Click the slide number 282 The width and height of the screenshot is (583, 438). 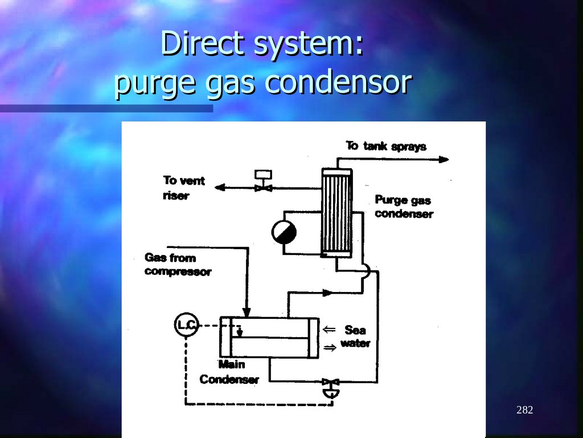coord(524,410)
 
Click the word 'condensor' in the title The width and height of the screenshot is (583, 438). coord(338,83)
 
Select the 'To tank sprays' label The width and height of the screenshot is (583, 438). coord(386,146)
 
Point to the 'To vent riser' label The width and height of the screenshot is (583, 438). coord(183,188)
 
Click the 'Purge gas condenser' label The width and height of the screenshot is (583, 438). coord(403,207)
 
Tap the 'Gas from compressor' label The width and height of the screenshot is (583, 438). coord(177,265)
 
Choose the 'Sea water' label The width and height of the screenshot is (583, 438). coord(355,336)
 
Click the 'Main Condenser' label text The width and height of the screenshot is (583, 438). coord(229,372)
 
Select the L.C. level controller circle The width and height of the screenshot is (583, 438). coord(186,325)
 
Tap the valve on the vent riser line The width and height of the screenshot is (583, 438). coord(263,187)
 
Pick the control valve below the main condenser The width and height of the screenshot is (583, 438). coord(329,382)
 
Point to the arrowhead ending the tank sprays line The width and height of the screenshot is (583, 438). coord(444,160)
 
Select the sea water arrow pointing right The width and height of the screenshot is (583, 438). coord(330,346)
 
